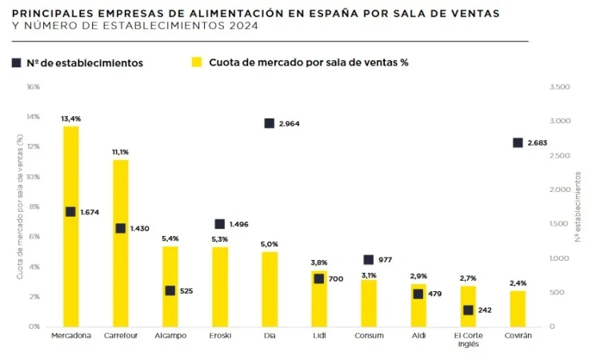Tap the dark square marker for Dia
click(x=270, y=123)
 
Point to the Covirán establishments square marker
click(x=518, y=142)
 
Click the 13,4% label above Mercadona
click(x=71, y=118)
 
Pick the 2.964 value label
click(x=290, y=124)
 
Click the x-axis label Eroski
click(x=220, y=336)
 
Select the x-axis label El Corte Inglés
click(x=468, y=340)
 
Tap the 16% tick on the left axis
click(x=33, y=86)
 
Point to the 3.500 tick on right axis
click(x=561, y=86)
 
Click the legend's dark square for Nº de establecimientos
click(x=16, y=62)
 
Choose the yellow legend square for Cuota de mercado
click(x=195, y=62)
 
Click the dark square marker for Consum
click(x=369, y=260)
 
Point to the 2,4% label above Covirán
click(x=518, y=283)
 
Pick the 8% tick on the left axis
click(x=34, y=206)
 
